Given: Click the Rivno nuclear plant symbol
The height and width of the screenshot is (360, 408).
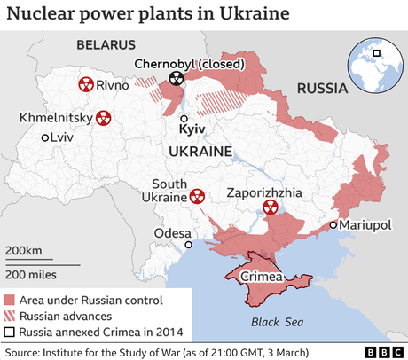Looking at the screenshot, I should point(86,84).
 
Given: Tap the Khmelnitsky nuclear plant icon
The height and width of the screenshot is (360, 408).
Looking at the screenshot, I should point(104,118).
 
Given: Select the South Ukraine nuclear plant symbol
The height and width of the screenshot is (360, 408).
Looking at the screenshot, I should point(195,196).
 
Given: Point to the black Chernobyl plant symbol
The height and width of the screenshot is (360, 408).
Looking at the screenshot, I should point(177,80).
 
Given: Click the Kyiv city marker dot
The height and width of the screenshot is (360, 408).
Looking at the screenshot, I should point(184,118).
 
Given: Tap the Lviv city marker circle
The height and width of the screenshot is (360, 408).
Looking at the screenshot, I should point(45,137).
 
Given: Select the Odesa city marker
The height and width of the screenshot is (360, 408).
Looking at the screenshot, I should point(188,245).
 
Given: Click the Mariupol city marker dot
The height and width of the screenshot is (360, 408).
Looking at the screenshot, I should point(333,225).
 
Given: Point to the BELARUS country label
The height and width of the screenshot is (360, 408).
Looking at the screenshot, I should point(106,44).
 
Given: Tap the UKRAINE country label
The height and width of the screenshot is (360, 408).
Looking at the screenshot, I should point(200,153).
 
